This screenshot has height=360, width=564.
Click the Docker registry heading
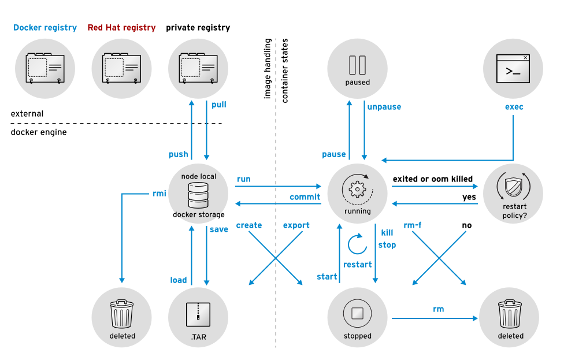coord(45,28)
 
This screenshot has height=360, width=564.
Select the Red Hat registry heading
coord(121,28)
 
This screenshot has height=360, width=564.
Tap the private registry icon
coord(198,68)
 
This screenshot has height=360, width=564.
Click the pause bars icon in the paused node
coord(357,64)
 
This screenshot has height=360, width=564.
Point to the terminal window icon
coord(513,67)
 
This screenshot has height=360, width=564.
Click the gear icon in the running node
coord(357,188)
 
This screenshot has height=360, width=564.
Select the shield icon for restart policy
coord(513,187)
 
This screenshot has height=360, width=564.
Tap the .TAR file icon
coord(198,314)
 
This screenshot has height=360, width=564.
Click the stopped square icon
coord(357,314)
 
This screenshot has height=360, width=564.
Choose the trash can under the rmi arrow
coord(121,313)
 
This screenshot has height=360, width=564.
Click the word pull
coord(219,105)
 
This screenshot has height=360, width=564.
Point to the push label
coord(179,154)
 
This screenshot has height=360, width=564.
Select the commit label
coord(305,197)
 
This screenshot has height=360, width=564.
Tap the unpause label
coord(384,107)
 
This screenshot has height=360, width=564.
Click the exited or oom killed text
coord(433,179)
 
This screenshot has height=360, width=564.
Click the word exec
coord(514,107)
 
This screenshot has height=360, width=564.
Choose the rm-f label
coord(412,225)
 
